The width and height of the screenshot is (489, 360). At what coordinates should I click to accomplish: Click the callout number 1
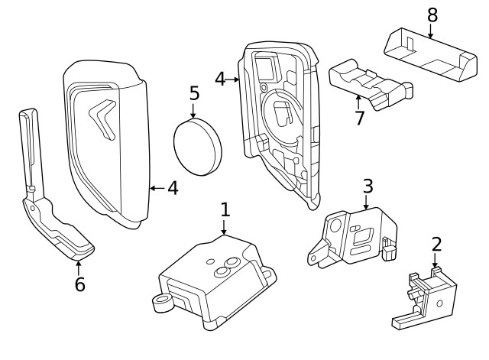pos(225,209)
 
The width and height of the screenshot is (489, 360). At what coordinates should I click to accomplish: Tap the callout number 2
pos(436,245)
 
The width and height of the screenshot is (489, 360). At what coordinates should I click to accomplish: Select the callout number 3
pos(368,186)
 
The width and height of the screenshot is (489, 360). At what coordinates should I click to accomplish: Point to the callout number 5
pos(194,95)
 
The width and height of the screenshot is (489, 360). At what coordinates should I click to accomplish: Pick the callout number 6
pos(79,284)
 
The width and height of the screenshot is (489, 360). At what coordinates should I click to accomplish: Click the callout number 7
pos(360,120)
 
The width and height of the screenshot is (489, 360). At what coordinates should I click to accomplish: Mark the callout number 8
pos(432,15)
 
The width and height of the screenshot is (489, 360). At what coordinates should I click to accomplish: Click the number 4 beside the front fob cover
pos(173,187)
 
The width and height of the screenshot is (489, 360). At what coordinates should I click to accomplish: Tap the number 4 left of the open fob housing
pos(220,78)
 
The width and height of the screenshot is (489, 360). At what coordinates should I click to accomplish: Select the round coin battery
pos(197,146)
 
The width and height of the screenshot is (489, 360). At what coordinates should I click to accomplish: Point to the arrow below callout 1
pos(225,227)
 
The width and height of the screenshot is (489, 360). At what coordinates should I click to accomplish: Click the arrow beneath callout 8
pos(432,31)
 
